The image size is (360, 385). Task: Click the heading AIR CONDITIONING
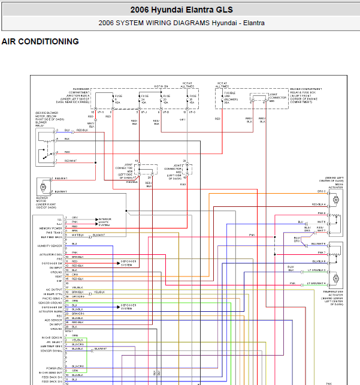(x=40, y=41)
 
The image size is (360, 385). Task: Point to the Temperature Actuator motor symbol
(x=335, y=278)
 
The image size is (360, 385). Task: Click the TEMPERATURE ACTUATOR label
(x=334, y=296)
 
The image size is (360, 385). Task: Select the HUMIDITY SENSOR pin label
(x=50, y=246)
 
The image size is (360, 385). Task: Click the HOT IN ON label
(x=161, y=86)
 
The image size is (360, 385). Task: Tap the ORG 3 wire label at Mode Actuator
(x=322, y=191)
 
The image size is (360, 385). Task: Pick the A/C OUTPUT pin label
(x=54, y=290)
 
